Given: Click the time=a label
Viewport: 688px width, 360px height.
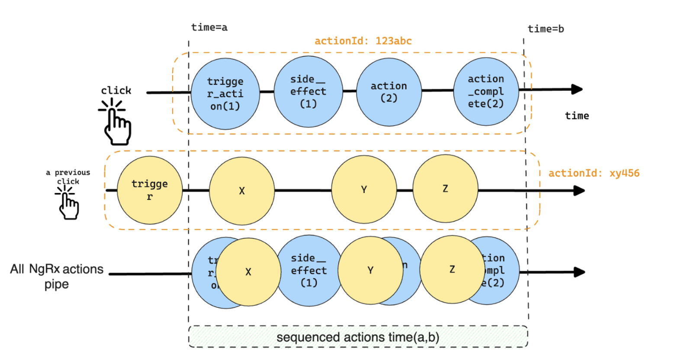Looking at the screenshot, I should click(x=209, y=27).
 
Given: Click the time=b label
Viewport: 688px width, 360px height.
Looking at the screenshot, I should click(x=546, y=29).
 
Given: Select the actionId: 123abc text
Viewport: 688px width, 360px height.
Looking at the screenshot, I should click(x=363, y=41).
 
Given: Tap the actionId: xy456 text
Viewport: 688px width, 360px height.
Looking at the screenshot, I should click(x=594, y=173).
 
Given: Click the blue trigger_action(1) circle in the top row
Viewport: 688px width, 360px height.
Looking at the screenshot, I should click(x=225, y=93).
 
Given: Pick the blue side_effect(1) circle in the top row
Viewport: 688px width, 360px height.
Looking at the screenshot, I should click(x=308, y=91).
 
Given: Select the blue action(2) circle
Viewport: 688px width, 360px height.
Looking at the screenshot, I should click(x=389, y=92).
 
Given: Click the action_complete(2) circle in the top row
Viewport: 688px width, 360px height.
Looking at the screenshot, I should click(x=485, y=91).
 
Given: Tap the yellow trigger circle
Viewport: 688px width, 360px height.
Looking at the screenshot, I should click(x=150, y=190).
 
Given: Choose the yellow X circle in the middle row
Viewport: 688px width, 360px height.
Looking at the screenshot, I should click(x=242, y=190).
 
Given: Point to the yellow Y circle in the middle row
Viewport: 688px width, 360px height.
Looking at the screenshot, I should click(x=364, y=190).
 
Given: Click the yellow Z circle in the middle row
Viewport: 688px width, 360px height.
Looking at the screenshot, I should click(x=445, y=189).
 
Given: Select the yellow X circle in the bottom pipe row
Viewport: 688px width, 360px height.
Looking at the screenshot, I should click(x=248, y=272).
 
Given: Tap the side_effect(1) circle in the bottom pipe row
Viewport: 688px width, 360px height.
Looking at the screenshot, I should click(x=309, y=270).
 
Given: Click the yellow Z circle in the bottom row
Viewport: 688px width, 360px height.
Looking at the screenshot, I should click(x=452, y=269).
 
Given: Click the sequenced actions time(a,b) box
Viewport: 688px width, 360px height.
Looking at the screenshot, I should click(x=358, y=337).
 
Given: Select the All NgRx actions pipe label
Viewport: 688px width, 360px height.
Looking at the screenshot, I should click(x=57, y=276).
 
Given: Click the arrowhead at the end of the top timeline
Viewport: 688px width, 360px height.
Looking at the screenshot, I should click(x=577, y=90).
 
